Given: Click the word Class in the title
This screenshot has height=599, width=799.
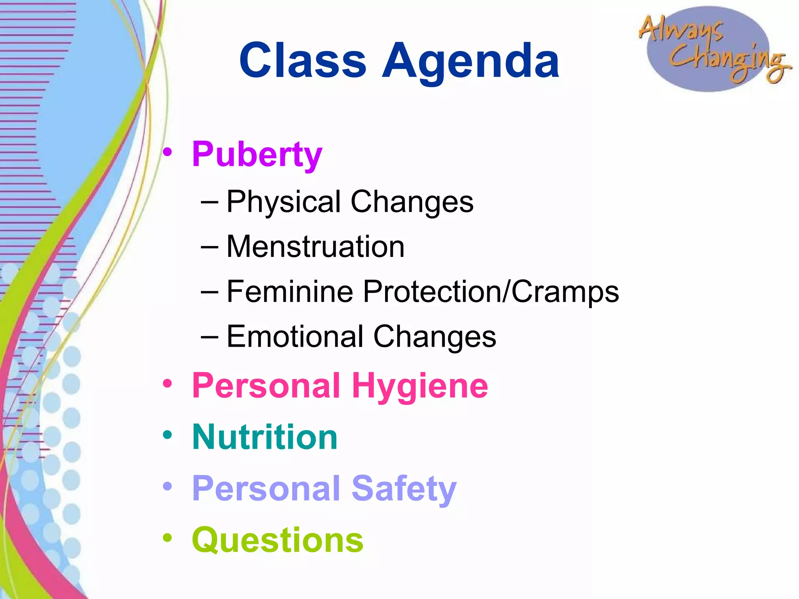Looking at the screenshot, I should (303, 60).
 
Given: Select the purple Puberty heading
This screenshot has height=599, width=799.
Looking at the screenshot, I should (257, 155).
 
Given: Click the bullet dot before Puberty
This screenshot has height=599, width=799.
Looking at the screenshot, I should (167, 152).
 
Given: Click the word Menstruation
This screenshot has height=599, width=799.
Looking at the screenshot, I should (315, 247).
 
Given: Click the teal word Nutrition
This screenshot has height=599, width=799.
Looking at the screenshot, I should (265, 437).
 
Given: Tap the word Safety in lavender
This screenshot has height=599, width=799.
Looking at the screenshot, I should (404, 489).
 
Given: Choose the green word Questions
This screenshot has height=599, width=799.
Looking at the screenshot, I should (277, 541).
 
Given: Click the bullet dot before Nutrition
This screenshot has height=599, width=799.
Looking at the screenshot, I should (167, 435).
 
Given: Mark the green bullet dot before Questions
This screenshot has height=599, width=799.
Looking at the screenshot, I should (167, 538).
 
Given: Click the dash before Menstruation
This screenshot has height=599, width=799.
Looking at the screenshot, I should (210, 247).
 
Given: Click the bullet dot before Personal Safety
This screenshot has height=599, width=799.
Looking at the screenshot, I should (167, 486).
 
